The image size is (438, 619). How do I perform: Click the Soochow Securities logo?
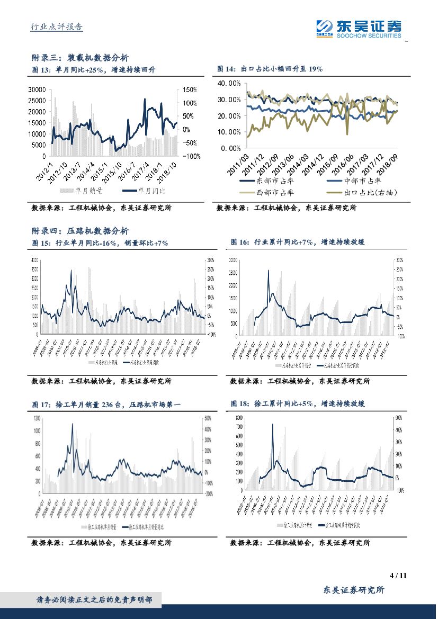[x=358, y=29]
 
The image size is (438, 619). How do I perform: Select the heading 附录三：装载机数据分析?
[x=79, y=58]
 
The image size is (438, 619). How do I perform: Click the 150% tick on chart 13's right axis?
[x=190, y=89]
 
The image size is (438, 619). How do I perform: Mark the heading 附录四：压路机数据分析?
[x=79, y=231]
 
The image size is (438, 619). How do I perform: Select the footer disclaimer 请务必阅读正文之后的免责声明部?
[x=94, y=600]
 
